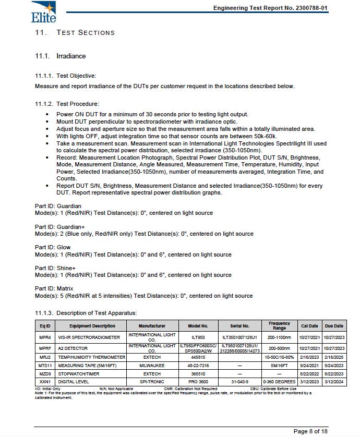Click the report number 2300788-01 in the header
pyautogui.click(x=310, y=8)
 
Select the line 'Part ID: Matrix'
pyautogui.click(x=54, y=288)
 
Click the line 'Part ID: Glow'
pyautogui.click(x=53, y=247)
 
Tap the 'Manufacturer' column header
pyautogui.click(x=152, y=326)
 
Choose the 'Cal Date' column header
pyautogui.click(x=309, y=326)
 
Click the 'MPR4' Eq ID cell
pyautogui.click(x=45, y=338)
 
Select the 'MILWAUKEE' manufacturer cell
pyautogui.click(x=152, y=366)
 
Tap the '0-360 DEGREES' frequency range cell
pyautogui.click(x=279, y=382)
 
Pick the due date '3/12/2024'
pyautogui.click(x=334, y=382)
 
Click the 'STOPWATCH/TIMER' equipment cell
pyautogui.click(x=79, y=374)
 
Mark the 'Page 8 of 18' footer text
pyautogui.click(x=310, y=431)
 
